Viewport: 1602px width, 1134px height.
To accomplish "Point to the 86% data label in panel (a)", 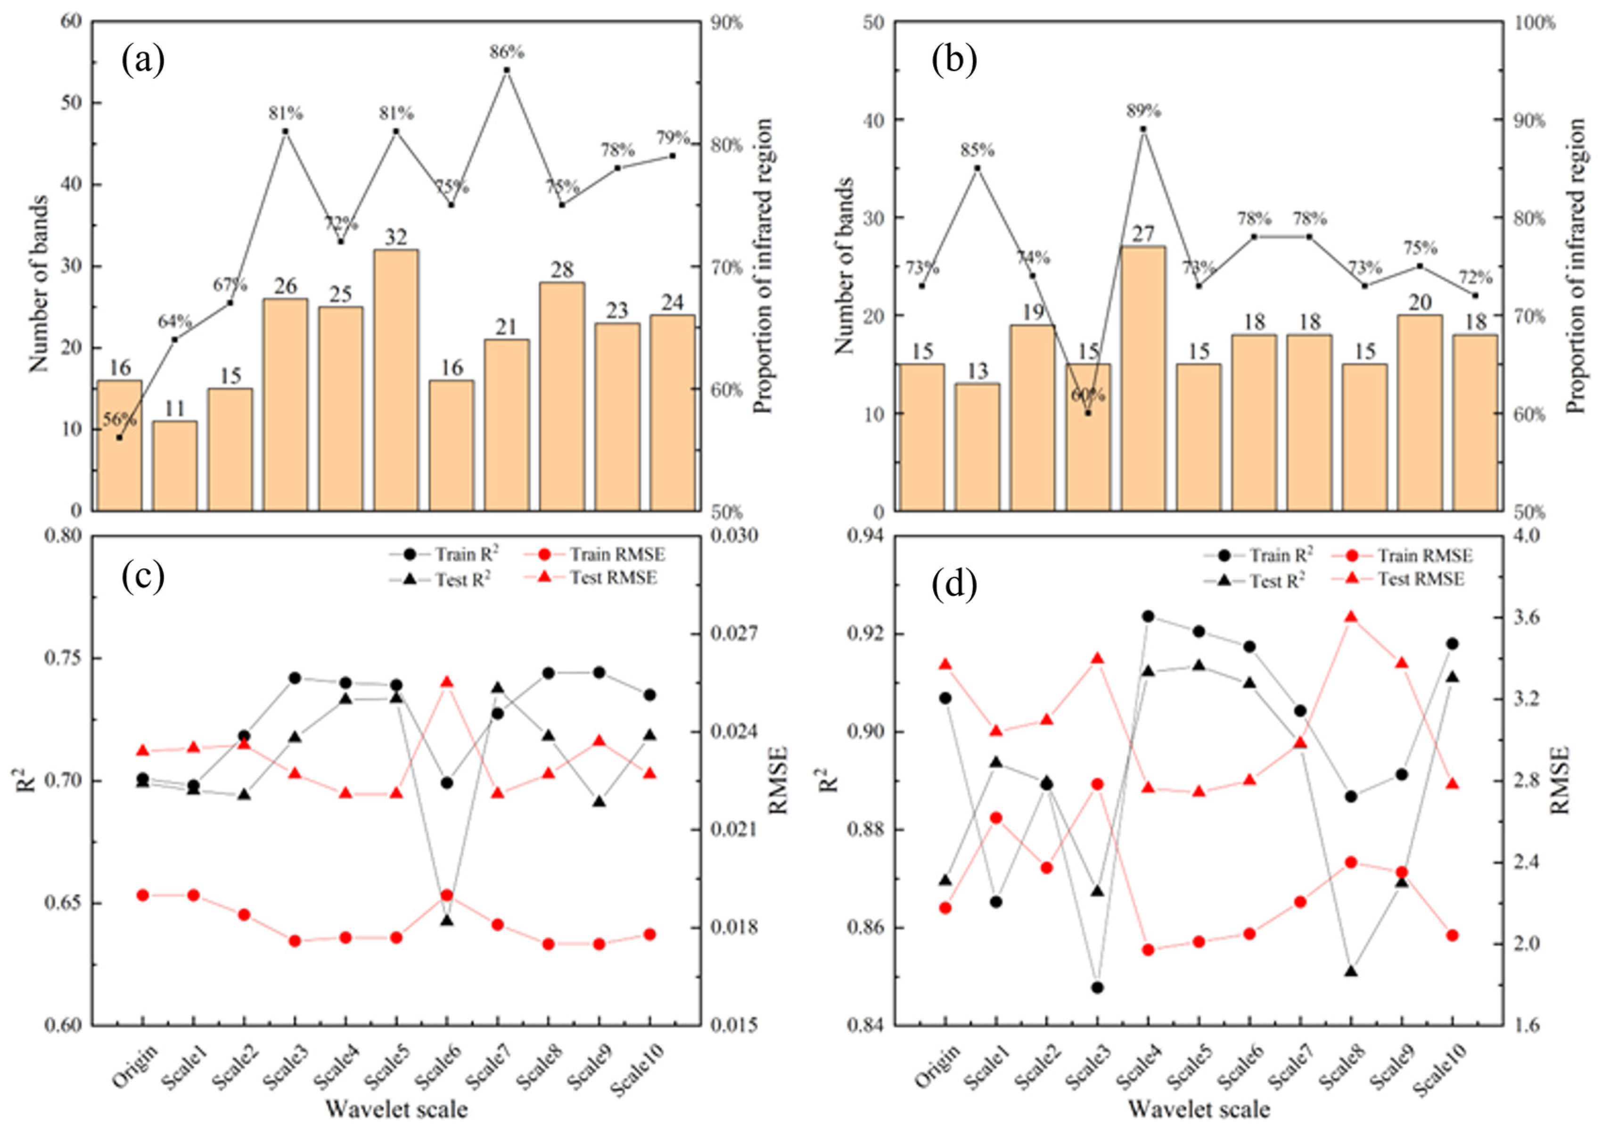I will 506,52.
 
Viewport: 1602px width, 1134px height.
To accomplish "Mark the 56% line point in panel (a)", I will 119,437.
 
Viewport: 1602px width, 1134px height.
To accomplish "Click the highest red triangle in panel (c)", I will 447,682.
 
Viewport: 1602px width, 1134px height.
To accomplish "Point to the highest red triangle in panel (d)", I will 1351,616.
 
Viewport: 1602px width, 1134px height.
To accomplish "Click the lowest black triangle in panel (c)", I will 447,920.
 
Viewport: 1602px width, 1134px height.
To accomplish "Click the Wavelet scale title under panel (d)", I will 1199,1109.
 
